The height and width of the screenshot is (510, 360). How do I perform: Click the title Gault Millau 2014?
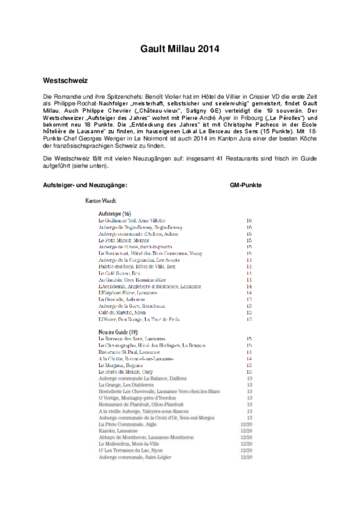(180, 49)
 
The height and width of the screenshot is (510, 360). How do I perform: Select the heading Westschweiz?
(65, 81)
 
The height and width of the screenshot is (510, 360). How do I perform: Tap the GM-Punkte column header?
(245, 185)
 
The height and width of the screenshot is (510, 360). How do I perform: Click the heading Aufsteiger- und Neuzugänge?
(85, 185)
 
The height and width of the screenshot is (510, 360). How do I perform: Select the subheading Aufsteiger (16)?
(112, 213)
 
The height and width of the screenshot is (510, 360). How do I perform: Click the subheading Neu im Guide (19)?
(118, 332)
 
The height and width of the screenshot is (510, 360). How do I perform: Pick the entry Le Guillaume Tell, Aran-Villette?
(132, 221)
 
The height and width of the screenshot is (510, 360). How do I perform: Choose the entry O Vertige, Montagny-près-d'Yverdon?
(137, 398)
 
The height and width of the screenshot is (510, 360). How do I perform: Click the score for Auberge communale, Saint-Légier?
(246, 457)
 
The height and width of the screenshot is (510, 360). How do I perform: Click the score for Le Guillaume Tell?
(249, 221)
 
